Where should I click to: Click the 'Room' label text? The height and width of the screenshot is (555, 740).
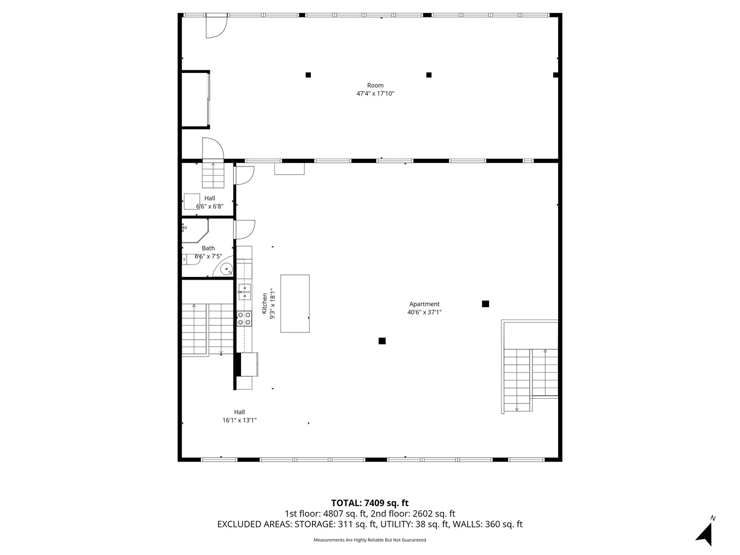click(x=375, y=85)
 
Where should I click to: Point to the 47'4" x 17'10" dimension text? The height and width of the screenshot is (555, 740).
click(x=375, y=94)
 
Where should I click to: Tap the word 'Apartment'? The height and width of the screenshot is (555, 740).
click(x=424, y=304)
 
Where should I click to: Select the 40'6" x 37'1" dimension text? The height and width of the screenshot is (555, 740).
click(x=424, y=312)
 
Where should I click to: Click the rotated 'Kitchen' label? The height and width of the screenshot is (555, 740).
click(x=265, y=304)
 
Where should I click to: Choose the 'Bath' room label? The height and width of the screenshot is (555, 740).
click(x=208, y=248)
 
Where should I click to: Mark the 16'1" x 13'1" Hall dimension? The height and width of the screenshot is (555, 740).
click(x=239, y=420)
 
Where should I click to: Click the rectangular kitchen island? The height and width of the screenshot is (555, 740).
click(x=295, y=304)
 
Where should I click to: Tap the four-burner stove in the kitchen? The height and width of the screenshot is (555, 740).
click(x=244, y=319)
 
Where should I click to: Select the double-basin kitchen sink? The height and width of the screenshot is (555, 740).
click(x=244, y=292)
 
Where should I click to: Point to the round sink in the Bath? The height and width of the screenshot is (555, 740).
click(x=227, y=269)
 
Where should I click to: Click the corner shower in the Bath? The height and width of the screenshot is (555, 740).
click(x=195, y=231)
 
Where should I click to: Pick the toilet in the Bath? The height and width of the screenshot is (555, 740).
click(x=190, y=260)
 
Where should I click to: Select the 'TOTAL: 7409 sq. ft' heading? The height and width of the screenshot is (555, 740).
click(x=369, y=503)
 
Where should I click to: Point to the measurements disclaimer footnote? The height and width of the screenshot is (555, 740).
click(x=369, y=540)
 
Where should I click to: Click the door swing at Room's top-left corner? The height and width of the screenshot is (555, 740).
click(x=216, y=27)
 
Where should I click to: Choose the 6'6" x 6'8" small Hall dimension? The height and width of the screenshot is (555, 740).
click(x=210, y=207)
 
